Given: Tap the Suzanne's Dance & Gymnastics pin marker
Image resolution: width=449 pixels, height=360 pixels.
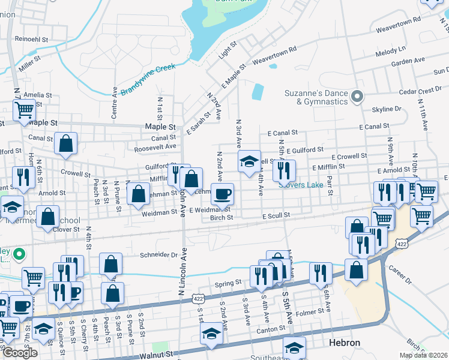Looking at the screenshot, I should [x=358, y=96].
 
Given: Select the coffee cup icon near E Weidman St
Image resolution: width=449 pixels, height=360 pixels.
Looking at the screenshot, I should [x=222, y=194].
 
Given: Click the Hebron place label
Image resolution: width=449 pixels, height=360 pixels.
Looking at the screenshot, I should [x=345, y=343].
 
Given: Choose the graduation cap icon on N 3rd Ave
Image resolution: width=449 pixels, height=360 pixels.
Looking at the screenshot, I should [x=249, y=161].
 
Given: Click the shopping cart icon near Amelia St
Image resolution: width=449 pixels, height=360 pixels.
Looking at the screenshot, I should [x=25, y=110].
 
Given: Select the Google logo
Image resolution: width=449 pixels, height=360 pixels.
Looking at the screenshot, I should [x=20, y=353].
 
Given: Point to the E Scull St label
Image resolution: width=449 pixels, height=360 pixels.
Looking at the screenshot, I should [x=276, y=215].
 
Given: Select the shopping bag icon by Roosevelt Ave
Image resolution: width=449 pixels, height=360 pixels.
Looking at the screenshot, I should [x=66, y=143].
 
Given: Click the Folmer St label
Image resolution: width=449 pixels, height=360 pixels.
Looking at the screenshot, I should [x=310, y=312].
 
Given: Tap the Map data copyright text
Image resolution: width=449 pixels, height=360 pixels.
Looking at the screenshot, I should [x=423, y=355].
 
